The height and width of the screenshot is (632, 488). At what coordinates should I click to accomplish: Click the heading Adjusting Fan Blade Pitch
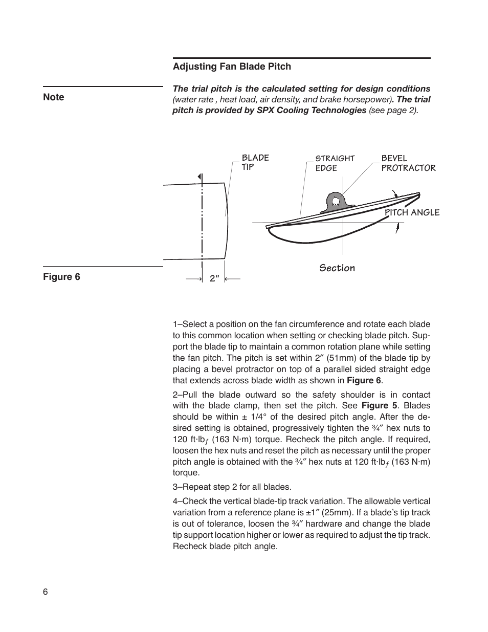coord(232,67)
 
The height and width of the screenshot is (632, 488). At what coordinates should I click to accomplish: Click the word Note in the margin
coord(54,97)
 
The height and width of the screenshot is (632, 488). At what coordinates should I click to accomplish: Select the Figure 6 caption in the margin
coord(61,277)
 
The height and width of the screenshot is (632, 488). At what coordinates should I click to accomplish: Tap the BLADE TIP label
coord(255,162)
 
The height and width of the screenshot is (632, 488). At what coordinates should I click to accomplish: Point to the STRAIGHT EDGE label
coord(335,163)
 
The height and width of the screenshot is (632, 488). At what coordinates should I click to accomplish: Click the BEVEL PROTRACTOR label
coord(408,163)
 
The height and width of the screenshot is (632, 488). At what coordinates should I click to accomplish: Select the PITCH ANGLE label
coord(412,212)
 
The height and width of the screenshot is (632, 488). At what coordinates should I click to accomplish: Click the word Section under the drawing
coord(337,268)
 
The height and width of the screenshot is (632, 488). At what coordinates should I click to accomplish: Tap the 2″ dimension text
coord(214,279)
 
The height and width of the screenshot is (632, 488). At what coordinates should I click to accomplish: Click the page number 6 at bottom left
coord(46,592)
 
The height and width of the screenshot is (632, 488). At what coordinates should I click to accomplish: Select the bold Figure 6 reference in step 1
coord(364,380)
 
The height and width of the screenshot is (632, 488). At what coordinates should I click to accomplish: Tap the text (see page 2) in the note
coord(393,111)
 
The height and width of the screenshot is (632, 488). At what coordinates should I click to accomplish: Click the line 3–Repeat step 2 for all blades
coord(232,487)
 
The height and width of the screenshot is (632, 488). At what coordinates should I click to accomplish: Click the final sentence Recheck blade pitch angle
coord(225,546)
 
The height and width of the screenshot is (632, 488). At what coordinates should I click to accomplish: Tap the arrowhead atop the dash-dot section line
coord(200,177)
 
